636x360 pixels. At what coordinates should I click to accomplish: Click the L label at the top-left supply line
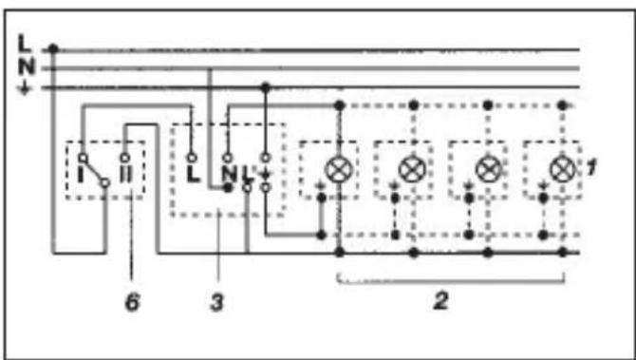pos(25,44)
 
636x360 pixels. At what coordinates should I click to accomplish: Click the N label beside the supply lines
pos(27,67)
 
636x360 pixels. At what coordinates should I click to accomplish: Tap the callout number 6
pos(132,303)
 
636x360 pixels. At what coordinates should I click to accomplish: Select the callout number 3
pos(217,303)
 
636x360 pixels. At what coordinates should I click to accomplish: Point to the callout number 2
pos(440,301)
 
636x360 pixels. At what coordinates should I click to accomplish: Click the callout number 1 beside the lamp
pos(591,167)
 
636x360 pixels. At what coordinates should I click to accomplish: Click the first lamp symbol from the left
pos(340,170)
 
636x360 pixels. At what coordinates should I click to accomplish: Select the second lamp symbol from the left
pos(413,170)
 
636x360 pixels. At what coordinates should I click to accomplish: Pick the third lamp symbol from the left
pos(488,170)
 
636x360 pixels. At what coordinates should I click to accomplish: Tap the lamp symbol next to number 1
pos(562,170)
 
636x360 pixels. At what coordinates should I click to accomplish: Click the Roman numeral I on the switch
pos(81,175)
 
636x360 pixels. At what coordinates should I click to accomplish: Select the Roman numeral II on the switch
pos(125,175)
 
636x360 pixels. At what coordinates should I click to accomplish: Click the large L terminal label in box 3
pos(193,174)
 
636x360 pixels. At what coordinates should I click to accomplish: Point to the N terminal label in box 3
pos(229,175)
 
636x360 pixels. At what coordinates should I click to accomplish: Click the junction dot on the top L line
pos(53,49)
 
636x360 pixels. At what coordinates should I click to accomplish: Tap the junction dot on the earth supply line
pos(265,86)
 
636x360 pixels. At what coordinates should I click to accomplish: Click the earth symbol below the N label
pos(25,88)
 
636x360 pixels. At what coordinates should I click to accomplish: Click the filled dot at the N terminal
pos(228,188)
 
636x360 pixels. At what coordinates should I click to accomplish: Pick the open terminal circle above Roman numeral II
pos(125,158)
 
